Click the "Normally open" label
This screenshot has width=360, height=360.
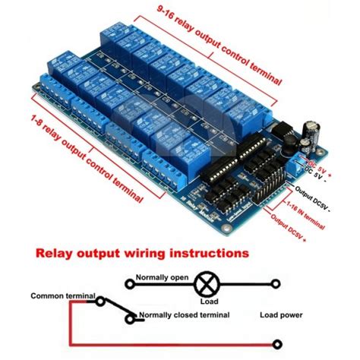coord(162,278)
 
